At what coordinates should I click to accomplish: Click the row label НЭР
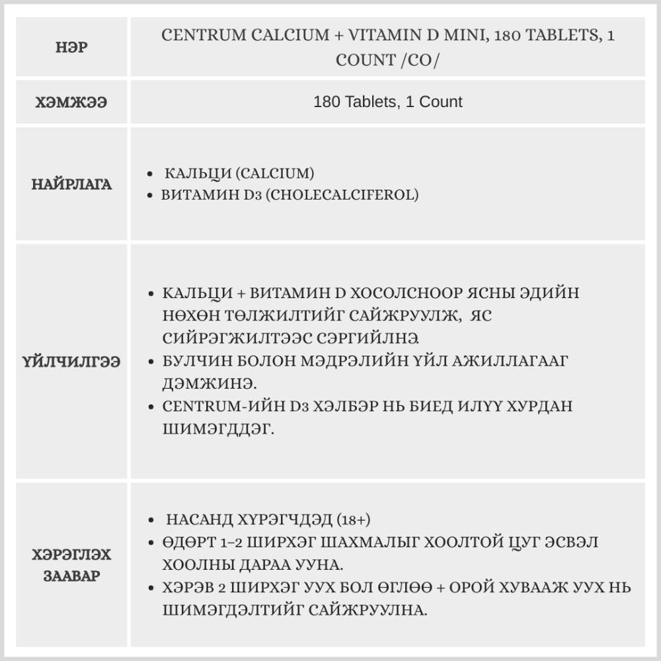point(72,48)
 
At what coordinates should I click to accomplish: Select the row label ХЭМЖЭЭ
point(72,102)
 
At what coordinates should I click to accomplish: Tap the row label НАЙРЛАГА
point(72,184)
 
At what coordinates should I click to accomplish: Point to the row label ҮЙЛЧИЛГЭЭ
point(72,362)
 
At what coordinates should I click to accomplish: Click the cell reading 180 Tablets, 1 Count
point(388,102)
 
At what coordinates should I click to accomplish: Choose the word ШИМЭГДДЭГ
point(217,428)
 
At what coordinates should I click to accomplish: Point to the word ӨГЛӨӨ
point(422,587)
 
